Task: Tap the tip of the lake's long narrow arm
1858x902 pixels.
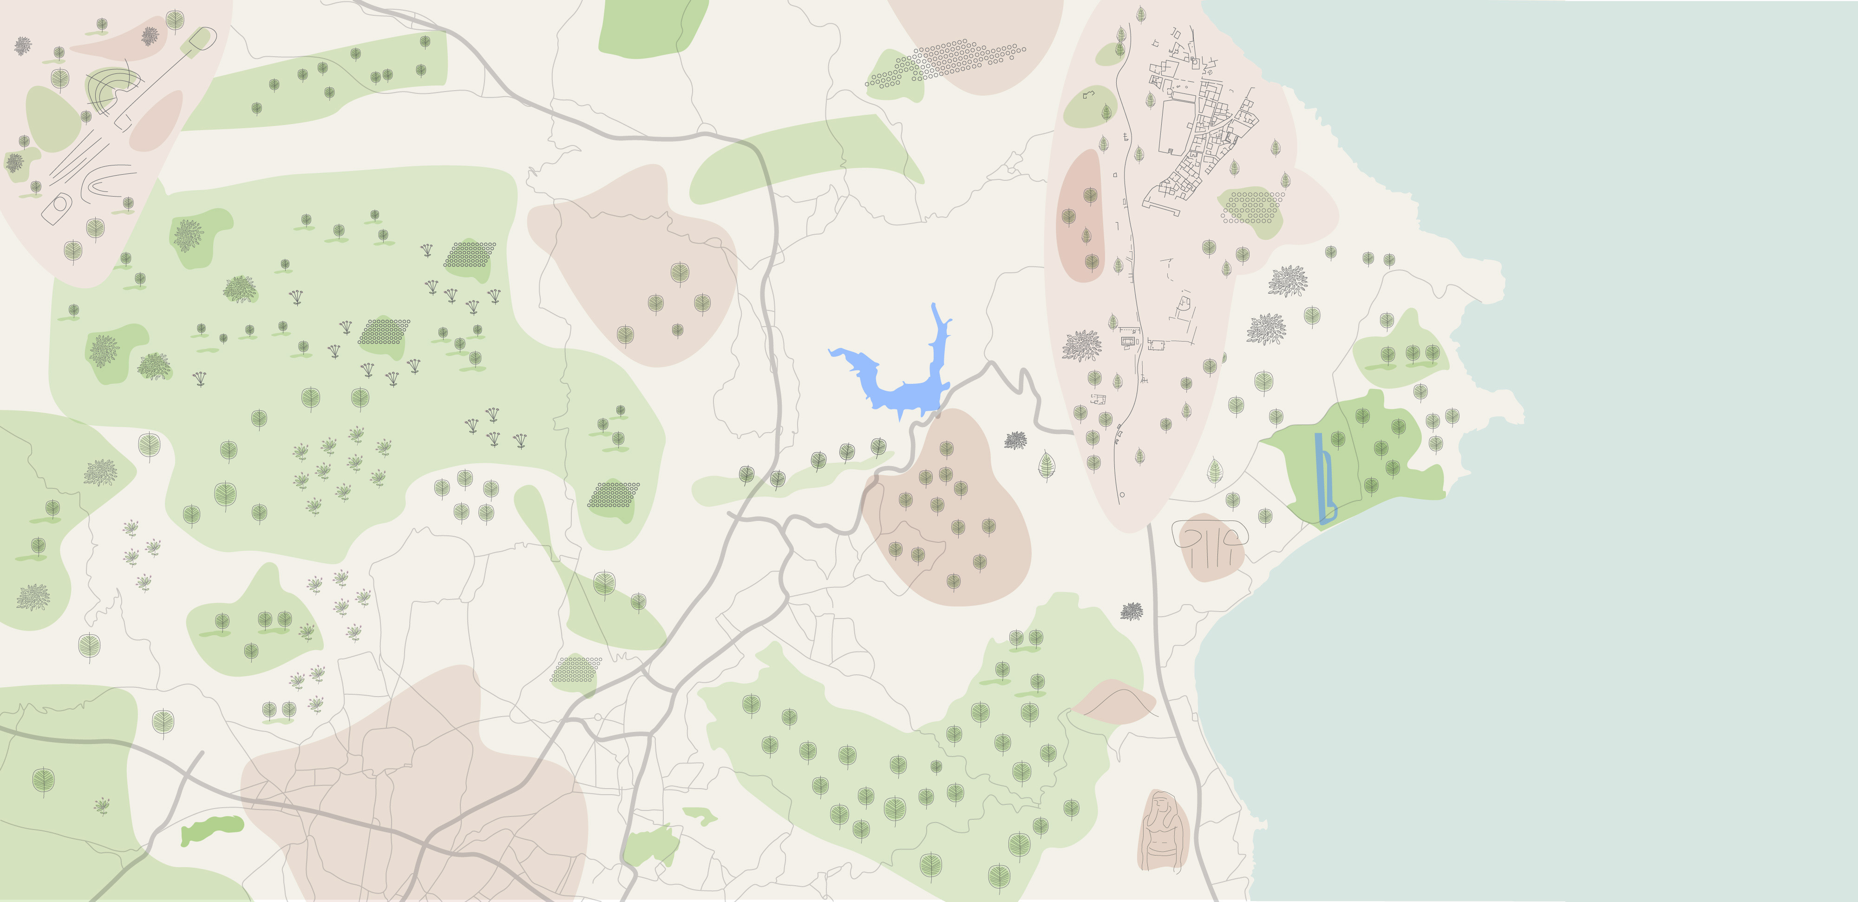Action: click(x=935, y=306)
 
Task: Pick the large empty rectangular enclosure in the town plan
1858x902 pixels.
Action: click(x=1176, y=126)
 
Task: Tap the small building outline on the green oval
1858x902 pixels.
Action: click(x=1088, y=94)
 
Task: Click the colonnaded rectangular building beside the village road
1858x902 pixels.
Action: click(x=1129, y=339)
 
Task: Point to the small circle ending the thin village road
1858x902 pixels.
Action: click(x=1122, y=495)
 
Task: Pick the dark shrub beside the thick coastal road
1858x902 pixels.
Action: click(x=1131, y=611)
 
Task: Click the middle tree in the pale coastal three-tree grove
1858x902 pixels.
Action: click(x=1412, y=354)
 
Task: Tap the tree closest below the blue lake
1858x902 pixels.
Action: click(x=878, y=447)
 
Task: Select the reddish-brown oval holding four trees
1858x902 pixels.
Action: click(x=1080, y=217)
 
